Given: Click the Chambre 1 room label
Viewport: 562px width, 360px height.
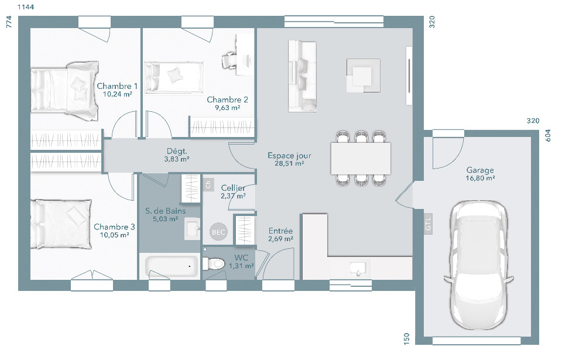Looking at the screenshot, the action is point(117,86).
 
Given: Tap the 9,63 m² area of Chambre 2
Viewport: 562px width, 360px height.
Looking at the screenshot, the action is point(227,108).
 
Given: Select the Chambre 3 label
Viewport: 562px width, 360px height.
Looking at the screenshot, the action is point(114,227).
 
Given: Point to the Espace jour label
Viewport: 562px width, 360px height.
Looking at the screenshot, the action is point(289,156).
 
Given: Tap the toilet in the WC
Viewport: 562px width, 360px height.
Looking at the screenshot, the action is point(213,263).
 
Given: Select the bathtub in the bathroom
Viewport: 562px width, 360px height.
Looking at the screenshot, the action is point(172,266).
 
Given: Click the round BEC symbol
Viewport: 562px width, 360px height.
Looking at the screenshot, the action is point(218,232).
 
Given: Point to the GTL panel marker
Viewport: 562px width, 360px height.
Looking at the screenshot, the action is point(428,224).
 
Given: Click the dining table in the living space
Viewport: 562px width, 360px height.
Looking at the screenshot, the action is point(361,158).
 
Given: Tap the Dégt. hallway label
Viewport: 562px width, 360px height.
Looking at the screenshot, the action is point(177,151).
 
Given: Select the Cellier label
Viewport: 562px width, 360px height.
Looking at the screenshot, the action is point(233,188).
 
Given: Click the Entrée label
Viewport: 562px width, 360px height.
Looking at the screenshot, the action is point(280,231).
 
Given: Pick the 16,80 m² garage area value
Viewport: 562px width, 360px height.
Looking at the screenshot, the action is point(480,178).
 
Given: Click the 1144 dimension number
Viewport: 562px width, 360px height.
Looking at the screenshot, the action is point(25,7).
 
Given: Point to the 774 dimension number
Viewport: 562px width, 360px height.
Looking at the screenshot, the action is point(9,22).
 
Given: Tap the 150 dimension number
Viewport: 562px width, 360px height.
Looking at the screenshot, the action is point(406,339).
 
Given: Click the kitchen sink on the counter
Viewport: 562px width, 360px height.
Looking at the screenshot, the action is point(357,269).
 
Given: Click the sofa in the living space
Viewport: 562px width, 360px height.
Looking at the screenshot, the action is point(302,76).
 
